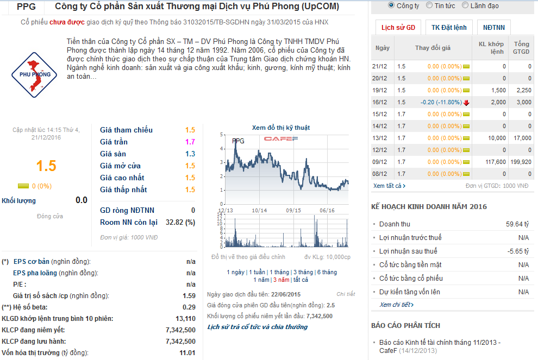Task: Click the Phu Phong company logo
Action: pos(34,74)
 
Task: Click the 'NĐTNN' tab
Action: pos(493,27)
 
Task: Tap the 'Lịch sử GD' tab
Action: pos(398,27)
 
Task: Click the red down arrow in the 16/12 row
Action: pos(466,103)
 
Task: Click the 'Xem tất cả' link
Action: pos(389,186)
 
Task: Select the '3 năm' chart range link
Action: pos(281,280)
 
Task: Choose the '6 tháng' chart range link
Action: pos(327,272)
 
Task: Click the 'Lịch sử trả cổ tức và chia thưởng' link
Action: pos(257,327)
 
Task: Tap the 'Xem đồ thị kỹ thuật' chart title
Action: pos(281,128)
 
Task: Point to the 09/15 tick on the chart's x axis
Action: pos(293,210)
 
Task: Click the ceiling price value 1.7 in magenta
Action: pos(190,142)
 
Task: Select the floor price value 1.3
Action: pos(190,154)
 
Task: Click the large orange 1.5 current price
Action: pos(46,166)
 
